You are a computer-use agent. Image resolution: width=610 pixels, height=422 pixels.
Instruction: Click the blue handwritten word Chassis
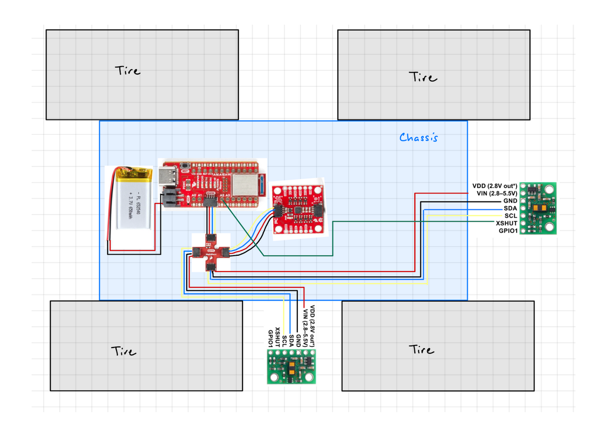pyautogui.click(x=418, y=137)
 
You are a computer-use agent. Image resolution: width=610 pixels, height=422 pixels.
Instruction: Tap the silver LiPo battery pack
pyautogui.click(x=132, y=204)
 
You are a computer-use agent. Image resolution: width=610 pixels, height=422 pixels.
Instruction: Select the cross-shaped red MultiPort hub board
pyautogui.click(x=211, y=252)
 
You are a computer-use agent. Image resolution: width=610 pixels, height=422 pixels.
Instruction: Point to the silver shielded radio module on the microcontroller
pyautogui.click(x=245, y=185)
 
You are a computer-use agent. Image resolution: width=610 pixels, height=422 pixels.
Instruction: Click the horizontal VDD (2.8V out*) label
pyautogui.click(x=494, y=186)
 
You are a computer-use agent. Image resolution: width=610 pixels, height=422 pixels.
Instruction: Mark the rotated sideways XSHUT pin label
pyautogui.click(x=277, y=337)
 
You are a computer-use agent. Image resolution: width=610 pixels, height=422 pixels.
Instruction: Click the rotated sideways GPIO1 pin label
pyautogui.click(x=270, y=338)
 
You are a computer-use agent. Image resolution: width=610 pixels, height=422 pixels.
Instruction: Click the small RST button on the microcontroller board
pyautogui.click(x=185, y=165)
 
